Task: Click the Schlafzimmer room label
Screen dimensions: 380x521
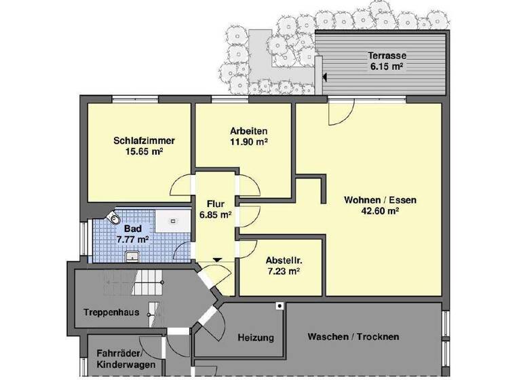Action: [144, 141]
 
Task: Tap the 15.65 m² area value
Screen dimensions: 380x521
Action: [144, 153]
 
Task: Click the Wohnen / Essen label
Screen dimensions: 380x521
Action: [380, 200]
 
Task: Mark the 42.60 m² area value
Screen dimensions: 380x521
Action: [380, 211]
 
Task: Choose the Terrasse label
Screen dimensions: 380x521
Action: [387, 56]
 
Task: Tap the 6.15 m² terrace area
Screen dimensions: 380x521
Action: [387, 67]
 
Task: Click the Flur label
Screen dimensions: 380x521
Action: [216, 203]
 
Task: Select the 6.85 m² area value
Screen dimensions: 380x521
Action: [216, 214]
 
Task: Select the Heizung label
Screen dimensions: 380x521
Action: [256, 337]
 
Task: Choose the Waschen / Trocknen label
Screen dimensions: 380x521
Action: [353, 337]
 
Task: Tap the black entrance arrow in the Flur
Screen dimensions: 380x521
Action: [216, 259]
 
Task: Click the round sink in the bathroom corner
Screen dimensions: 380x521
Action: [115, 218]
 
